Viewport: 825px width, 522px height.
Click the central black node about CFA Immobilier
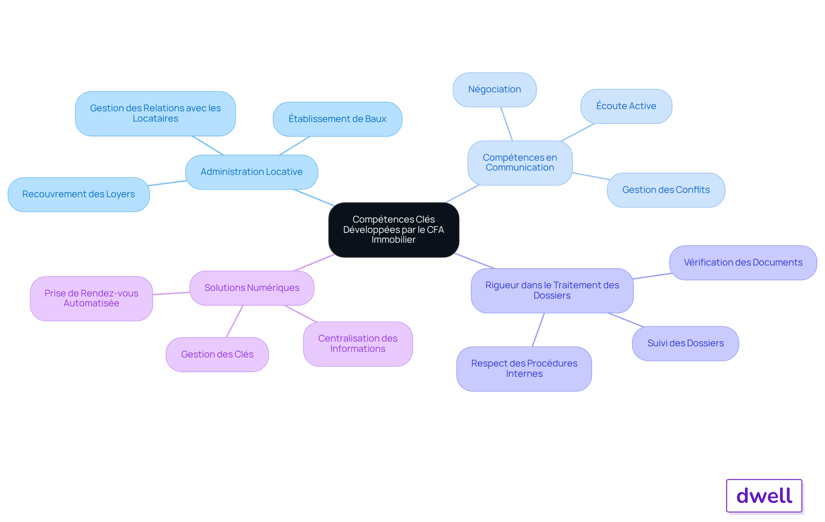394,230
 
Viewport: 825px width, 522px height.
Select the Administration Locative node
252,172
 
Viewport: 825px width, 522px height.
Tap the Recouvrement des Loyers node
79,194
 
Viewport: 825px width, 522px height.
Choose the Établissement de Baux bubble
337,119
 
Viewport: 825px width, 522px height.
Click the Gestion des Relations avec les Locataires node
156,113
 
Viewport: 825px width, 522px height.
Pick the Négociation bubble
495,89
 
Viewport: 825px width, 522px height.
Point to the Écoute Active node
626,106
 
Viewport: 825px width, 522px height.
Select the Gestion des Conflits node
666,190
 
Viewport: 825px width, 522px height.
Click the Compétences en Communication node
520,163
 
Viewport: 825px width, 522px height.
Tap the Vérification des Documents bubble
743,263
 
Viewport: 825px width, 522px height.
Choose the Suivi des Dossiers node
685,343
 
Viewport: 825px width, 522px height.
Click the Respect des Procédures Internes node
524,369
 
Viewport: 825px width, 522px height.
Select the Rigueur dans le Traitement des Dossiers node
552,290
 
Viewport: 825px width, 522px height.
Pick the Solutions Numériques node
252,288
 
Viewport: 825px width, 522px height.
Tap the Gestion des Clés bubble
217,354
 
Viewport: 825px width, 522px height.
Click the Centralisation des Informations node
358,344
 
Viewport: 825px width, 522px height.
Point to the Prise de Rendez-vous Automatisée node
92,298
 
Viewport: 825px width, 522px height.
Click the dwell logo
764,496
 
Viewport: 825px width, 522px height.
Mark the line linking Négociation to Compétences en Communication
507,124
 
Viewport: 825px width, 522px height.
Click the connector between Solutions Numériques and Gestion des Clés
235,321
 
